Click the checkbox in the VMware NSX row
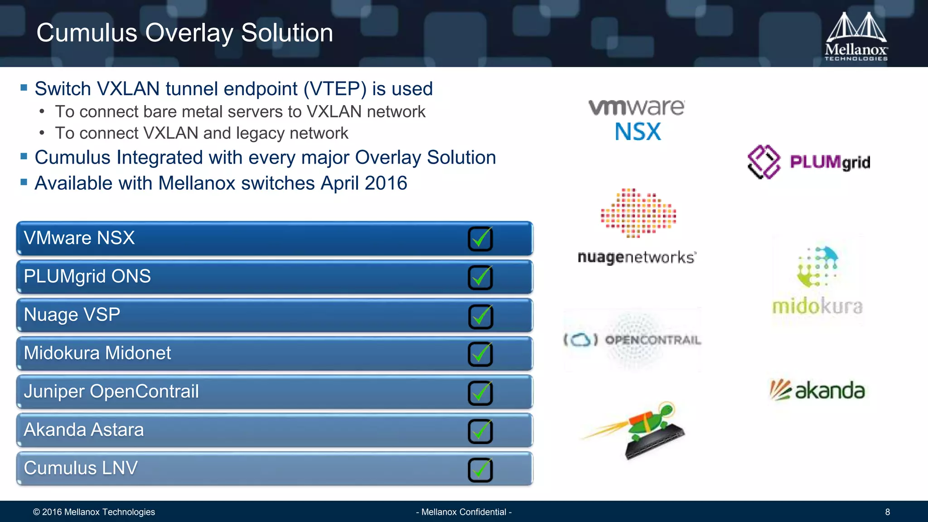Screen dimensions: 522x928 point(480,239)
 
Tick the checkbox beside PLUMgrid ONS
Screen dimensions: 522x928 point(480,277)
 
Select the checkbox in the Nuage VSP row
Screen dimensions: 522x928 point(480,316)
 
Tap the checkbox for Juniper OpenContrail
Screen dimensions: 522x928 point(480,393)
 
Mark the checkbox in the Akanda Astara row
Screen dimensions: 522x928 point(480,431)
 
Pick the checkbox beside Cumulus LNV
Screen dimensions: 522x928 point(480,470)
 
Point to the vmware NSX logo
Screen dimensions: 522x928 point(637,120)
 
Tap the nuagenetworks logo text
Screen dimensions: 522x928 point(636,257)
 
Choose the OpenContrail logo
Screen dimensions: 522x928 point(633,340)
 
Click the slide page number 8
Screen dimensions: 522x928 point(887,512)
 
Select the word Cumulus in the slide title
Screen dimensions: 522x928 point(87,33)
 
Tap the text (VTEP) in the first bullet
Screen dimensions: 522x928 point(335,89)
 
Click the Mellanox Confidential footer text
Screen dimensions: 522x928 point(464,512)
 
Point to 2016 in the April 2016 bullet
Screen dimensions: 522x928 point(386,184)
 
